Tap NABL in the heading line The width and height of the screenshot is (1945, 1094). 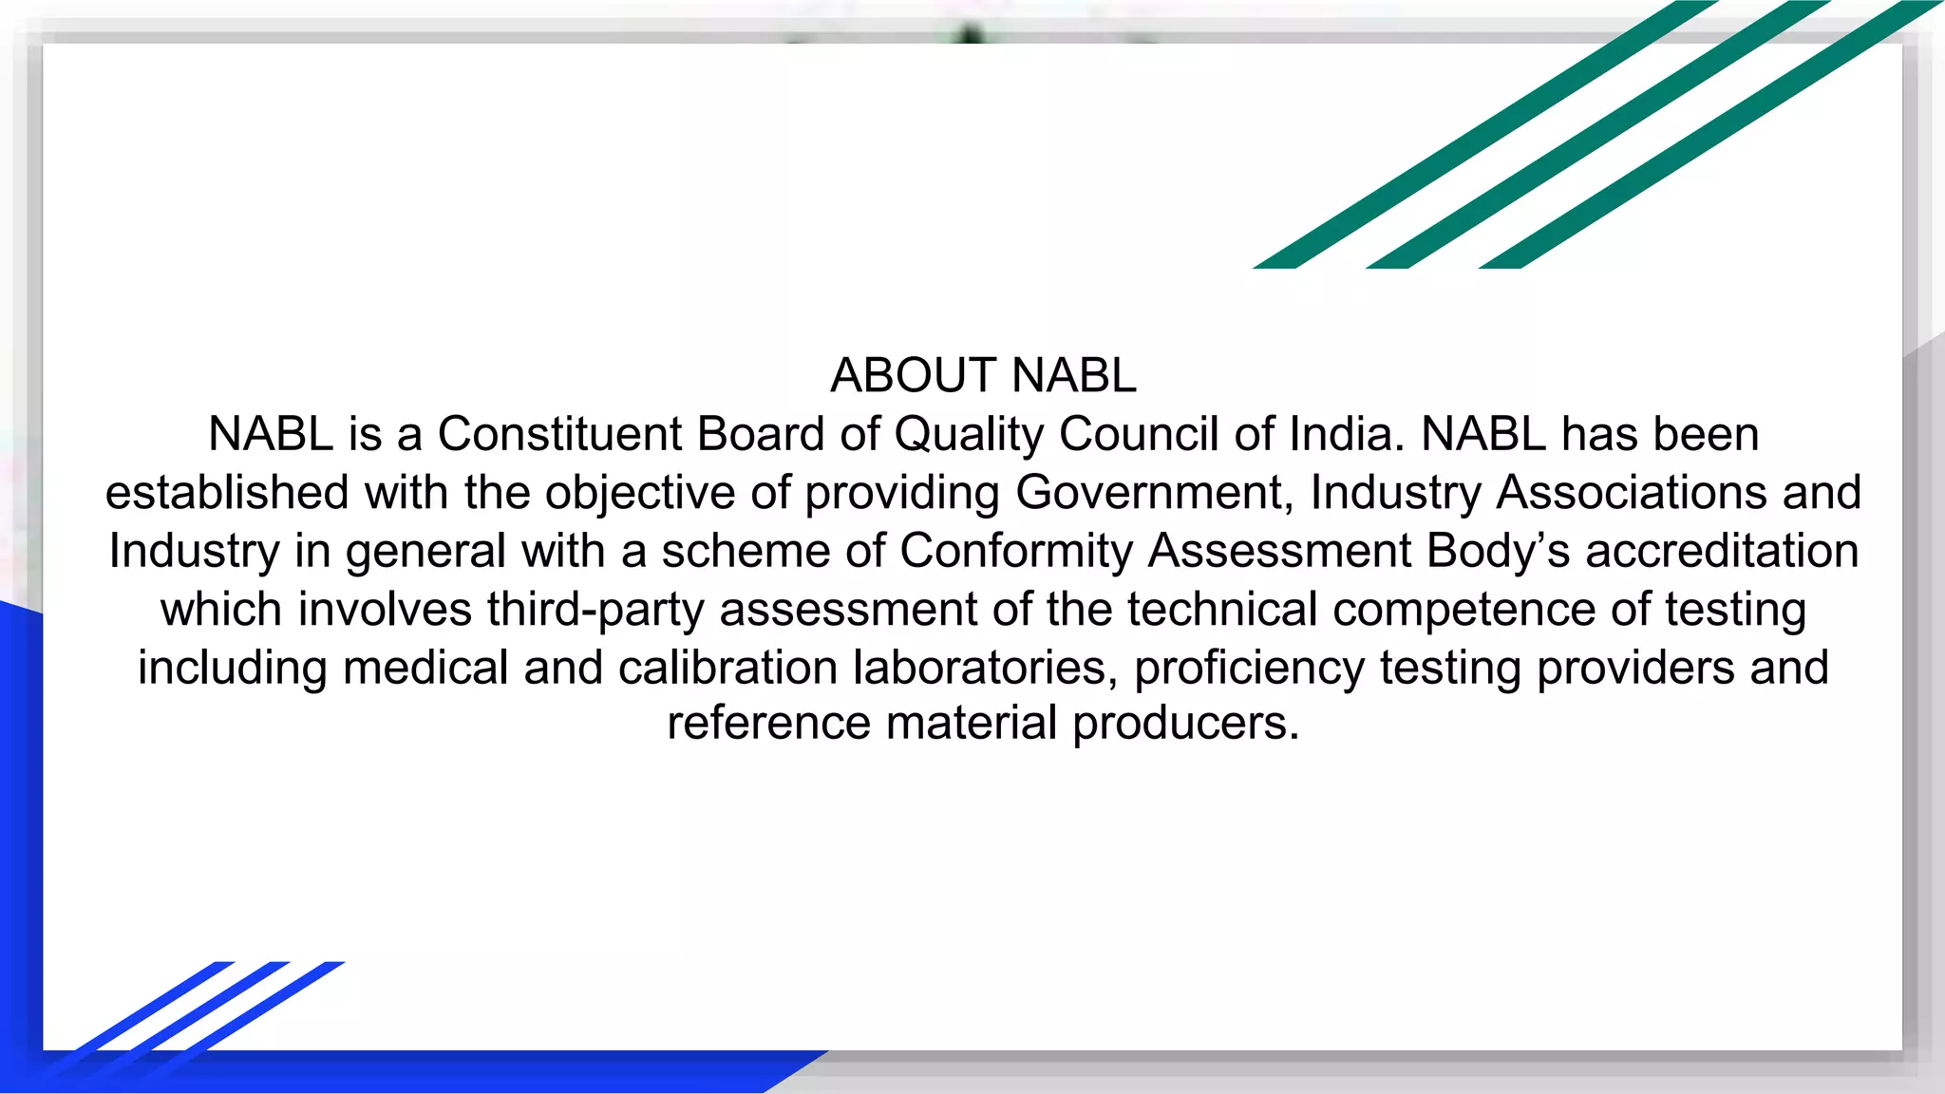tap(1073, 376)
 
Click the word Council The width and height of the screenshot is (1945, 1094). tap(1138, 435)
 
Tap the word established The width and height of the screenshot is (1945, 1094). tap(227, 493)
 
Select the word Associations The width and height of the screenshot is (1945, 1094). tap(1632, 493)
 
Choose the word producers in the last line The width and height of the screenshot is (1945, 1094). tap(1185, 724)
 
